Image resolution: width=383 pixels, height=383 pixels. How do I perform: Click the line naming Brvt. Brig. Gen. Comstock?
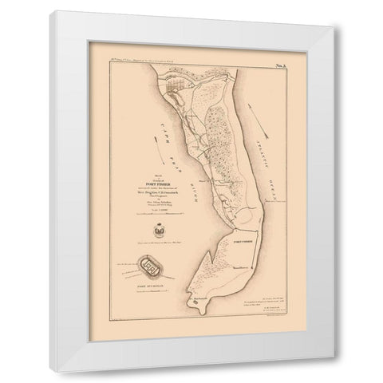pyautogui.click(x=147, y=170)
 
